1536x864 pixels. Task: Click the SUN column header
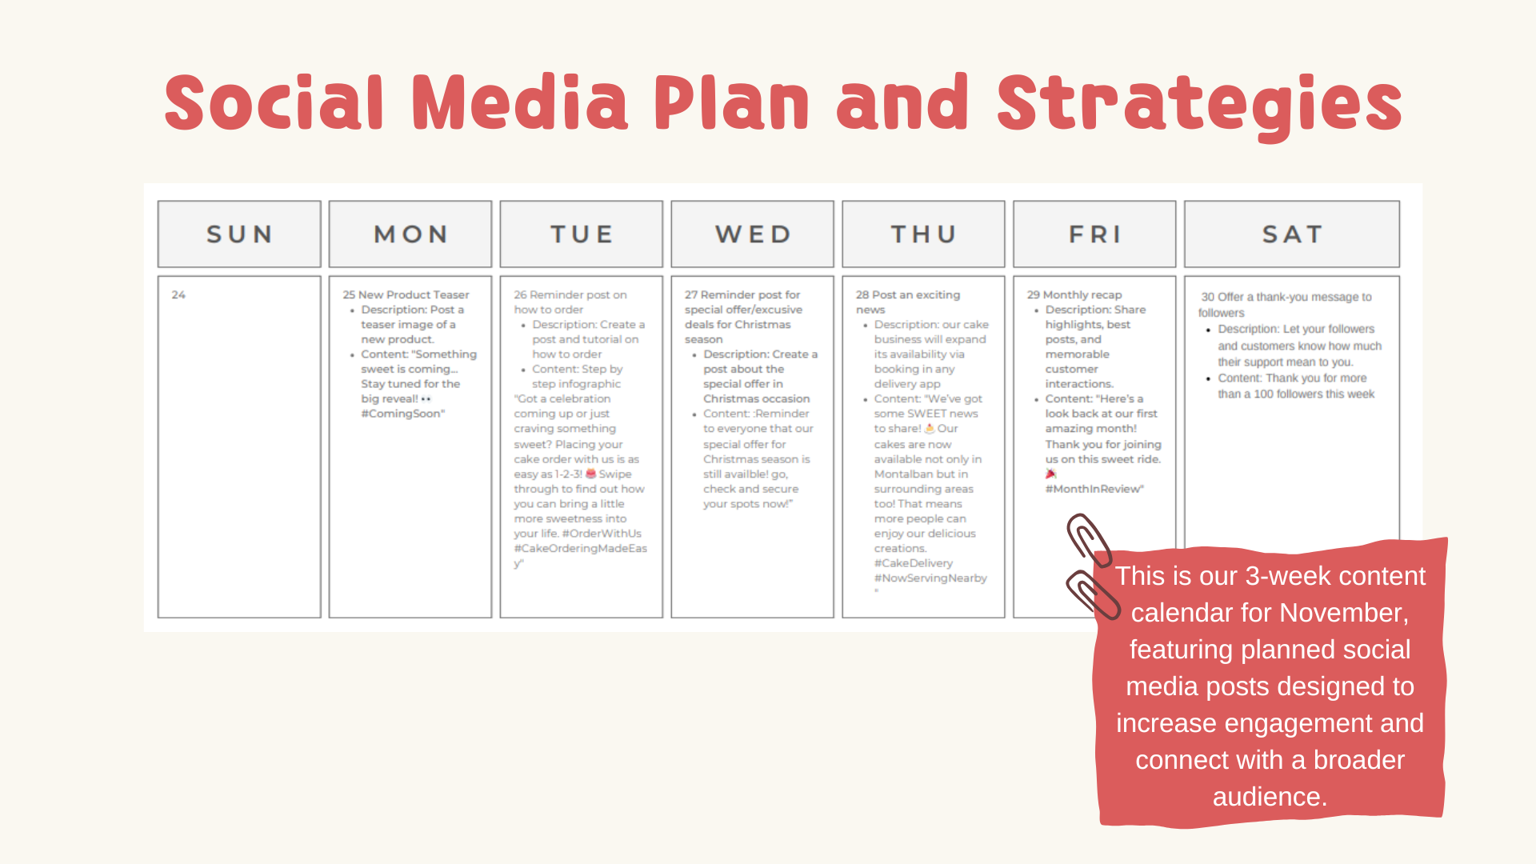[239, 234]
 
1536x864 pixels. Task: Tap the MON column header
[410, 234]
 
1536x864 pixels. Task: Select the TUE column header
[582, 234]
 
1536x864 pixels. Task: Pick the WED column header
[753, 234]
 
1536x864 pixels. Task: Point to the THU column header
[924, 234]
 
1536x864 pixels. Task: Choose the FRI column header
[1095, 234]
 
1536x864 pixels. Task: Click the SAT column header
[1292, 234]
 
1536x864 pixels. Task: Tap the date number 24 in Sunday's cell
[178, 295]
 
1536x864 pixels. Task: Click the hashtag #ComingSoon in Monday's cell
[402, 414]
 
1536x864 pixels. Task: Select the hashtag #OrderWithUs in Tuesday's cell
[602, 534]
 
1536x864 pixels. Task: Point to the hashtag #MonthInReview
[1094, 489]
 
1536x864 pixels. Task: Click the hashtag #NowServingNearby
[930, 578]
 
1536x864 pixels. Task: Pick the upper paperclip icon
[1088, 541]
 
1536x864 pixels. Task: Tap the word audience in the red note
[1270, 797]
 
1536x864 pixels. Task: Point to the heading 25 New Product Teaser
[406, 295]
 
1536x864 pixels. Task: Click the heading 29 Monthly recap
[1074, 295]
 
